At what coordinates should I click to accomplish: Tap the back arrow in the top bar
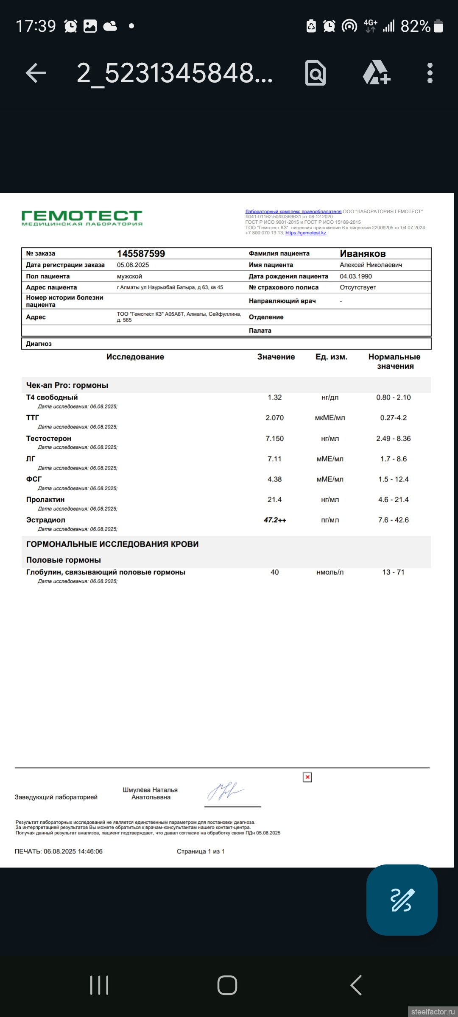pos(36,73)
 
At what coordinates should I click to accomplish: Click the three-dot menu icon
pos(430,73)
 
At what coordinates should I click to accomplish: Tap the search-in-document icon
pos(316,73)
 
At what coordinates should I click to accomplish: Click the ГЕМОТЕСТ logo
pos(82,218)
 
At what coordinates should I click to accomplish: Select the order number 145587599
pos(141,253)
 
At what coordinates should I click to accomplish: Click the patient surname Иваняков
pos(363,253)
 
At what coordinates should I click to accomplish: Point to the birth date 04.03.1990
pos(356,276)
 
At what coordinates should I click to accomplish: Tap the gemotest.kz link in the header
pos(305,233)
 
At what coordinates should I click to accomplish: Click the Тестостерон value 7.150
pos(274,439)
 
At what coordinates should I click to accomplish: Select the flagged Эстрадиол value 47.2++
pos(275,520)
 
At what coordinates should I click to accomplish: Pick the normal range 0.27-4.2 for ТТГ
pos(393,418)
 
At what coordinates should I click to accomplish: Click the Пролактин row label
pos(45,500)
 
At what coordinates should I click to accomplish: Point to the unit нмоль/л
pos(330,572)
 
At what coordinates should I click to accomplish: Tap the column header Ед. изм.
pos(331,357)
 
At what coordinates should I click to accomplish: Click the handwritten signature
pos(226,792)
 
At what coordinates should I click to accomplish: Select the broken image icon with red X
pos(307,777)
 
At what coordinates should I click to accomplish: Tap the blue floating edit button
pos(402,900)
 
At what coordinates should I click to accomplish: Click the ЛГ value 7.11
pos(274,459)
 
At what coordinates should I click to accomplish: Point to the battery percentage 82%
pos(415,26)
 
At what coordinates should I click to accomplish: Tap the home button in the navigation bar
pos(227,985)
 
